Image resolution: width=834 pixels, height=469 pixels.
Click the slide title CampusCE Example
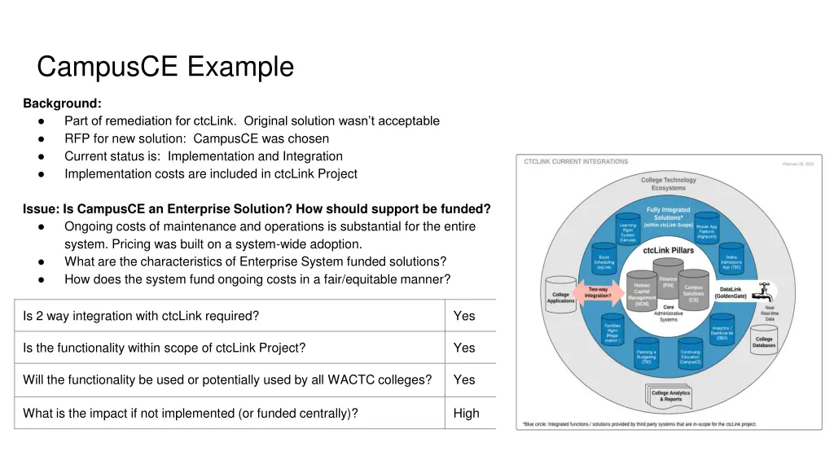click(x=165, y=67)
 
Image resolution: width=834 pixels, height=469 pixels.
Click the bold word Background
click(x=62, y=103)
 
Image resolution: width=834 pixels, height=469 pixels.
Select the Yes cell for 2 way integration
click(x=464, y=316)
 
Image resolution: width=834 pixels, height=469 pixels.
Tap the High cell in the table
click(x=466, y=413)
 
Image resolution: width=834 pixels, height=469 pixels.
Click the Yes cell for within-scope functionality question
click(x=464, y=348)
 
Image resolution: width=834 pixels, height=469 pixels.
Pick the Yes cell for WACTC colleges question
click(x=464, y=379)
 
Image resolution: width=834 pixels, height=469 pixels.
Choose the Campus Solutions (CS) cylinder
click(x=693, y=293)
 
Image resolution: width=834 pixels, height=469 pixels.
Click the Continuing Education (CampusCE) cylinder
click(x=690, y=355)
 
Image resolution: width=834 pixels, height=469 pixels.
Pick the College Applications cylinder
click(x=560, y=294)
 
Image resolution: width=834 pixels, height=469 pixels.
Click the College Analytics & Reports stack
click(x=672, y=396)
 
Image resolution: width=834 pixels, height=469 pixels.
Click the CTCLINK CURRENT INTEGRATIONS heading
click(x=576, y=162)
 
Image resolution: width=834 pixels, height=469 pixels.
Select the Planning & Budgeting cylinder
click(x=647, y=355)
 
